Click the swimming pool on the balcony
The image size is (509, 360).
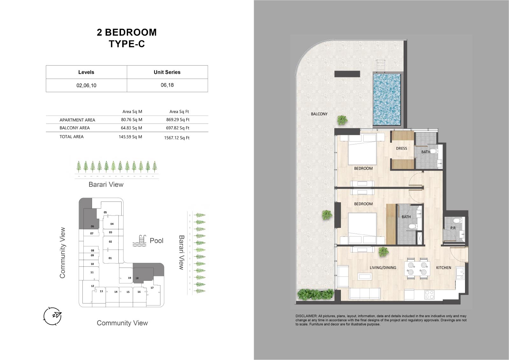386,99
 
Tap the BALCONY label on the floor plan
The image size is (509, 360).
319,114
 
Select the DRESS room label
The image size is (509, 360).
401,148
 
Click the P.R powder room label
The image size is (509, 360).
453,228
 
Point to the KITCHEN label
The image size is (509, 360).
443,267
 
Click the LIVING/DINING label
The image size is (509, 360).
383,267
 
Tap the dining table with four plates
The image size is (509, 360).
417,268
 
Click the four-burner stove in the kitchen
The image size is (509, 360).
430,295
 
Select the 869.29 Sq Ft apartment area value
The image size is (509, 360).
178,120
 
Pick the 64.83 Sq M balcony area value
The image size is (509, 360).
131,128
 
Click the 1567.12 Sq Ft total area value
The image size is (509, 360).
177,138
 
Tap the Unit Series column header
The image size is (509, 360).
167,72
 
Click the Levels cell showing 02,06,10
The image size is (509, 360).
86,85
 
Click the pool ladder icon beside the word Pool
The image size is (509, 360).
139,241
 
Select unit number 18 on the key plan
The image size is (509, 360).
137,278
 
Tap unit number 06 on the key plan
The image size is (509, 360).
92,226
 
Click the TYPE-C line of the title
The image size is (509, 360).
127,44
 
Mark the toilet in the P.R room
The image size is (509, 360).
456,221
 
